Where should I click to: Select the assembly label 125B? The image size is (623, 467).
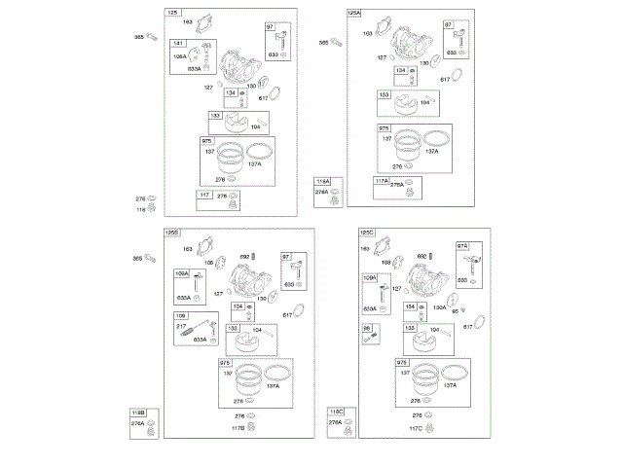[x=172, y=233]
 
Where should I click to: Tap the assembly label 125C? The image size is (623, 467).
[x=367, y=233]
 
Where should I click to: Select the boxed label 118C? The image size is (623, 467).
[x=336, y=413]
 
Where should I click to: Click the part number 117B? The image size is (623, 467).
[x=237, y=429]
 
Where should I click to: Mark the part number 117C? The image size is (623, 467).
[x=416, y=429]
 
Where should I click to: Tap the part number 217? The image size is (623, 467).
[x=182, y=325]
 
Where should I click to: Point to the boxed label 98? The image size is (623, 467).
[x=367, y=329]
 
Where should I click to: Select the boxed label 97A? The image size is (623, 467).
[x=462, y=246]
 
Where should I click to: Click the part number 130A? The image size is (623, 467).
[x=439, y=307]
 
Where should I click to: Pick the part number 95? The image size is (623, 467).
[x=467, y=311]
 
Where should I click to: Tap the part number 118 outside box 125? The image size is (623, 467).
[x=140, y=209]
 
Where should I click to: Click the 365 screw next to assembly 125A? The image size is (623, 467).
[x=336, y=42]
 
